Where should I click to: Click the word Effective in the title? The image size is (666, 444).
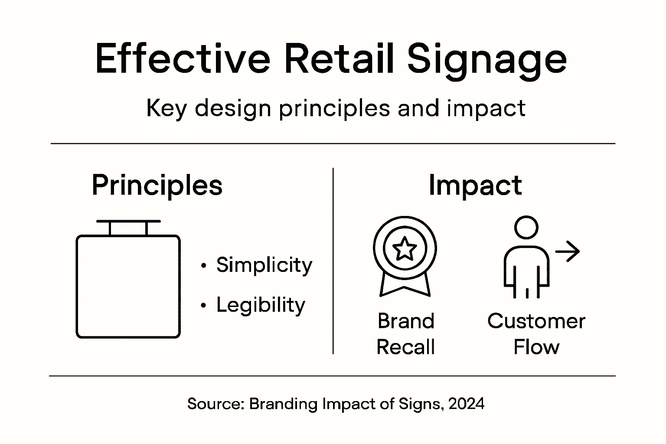point(183,59)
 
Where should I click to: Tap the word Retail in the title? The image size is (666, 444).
point(340,59)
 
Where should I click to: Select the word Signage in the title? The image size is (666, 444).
point(487,61)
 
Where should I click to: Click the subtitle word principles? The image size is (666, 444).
point(334,108)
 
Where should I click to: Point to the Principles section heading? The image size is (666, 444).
point(157,186)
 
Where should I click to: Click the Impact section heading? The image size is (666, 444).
point(475,186)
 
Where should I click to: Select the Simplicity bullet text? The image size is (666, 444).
point(264,265)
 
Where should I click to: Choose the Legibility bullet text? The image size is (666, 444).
point(261,305)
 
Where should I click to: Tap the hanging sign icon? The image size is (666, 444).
point(128,286)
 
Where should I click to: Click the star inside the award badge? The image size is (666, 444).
point(405,248)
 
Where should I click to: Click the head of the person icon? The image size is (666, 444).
point(526,227)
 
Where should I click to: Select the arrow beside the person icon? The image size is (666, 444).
point(568,251)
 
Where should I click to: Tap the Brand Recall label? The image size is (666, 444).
point(405,334)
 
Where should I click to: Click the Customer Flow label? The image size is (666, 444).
point(536,334)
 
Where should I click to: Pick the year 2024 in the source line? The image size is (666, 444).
point(467,404)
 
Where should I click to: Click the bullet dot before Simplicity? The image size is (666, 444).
point(203,265)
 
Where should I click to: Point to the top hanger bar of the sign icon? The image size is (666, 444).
point(128,221)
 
